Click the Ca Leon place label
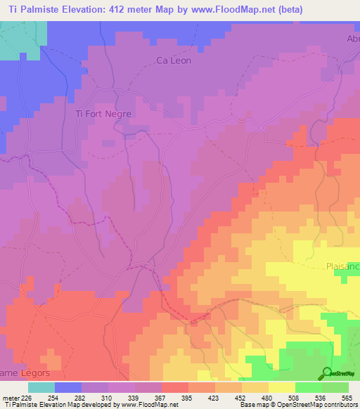(x=173, y=60)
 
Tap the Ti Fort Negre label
(x=103, y=112)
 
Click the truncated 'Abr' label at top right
(x=352, y=39)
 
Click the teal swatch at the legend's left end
(x=41, y=387)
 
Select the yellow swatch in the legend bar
(x=282, y=387)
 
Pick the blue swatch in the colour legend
(x=68, y=387)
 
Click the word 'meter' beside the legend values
(x=11, y=396)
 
